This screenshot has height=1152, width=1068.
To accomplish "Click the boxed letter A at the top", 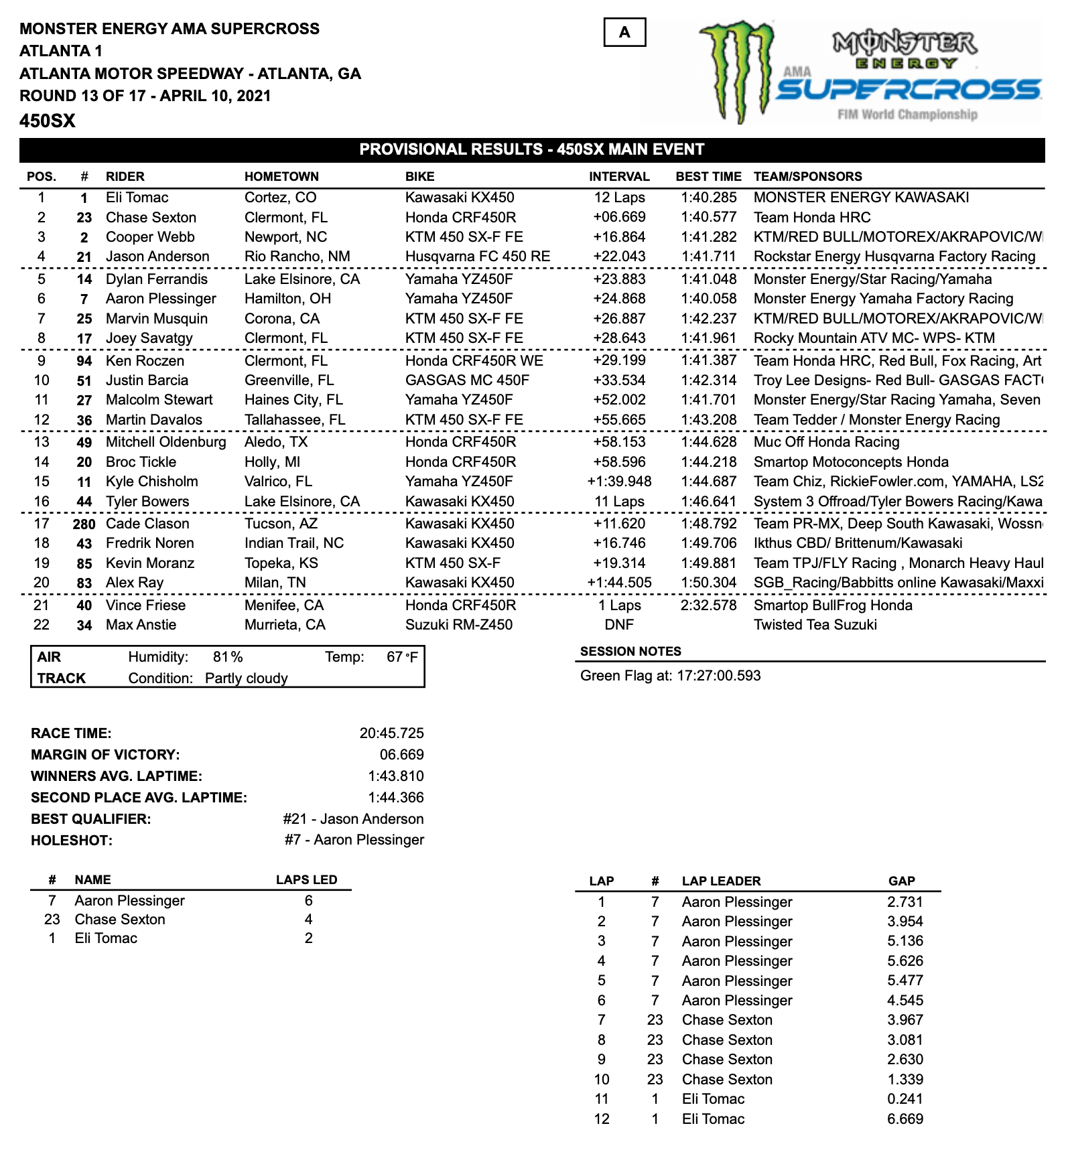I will tap(624, 32).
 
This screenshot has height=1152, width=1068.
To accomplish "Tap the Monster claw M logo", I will tap(735, 70).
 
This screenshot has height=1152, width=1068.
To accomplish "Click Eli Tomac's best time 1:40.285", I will tap(708, 198).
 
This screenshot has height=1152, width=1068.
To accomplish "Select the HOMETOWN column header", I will tap(281, 177).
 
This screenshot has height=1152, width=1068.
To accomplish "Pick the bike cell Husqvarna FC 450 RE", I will tap(478, 257).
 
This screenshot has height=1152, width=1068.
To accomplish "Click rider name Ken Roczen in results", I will tap(145, 361).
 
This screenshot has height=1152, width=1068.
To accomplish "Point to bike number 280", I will tap(84, 524).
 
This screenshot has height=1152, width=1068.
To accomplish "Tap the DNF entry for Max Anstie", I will tap(619, 625).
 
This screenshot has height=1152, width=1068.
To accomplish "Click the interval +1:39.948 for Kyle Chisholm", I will tap(619, 482).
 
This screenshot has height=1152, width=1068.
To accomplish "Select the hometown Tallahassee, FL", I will tap(295, 420).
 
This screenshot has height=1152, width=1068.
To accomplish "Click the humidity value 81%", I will tap(228, 657).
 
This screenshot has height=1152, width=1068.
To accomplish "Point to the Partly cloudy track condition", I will tap(246, 678).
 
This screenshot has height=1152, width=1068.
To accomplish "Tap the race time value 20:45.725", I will tap(391, 733).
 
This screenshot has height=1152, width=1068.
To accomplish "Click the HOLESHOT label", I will tap(72, 841).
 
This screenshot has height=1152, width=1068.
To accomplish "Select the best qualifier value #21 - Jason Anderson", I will tap(353, 819).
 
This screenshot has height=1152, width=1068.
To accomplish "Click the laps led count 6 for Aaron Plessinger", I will tap(308, 901).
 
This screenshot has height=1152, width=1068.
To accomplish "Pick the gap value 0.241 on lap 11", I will tap(905, 1099).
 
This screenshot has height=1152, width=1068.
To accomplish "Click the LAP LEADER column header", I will tap(721, 881).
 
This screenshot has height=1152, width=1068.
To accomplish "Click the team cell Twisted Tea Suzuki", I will tap(815, 625).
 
